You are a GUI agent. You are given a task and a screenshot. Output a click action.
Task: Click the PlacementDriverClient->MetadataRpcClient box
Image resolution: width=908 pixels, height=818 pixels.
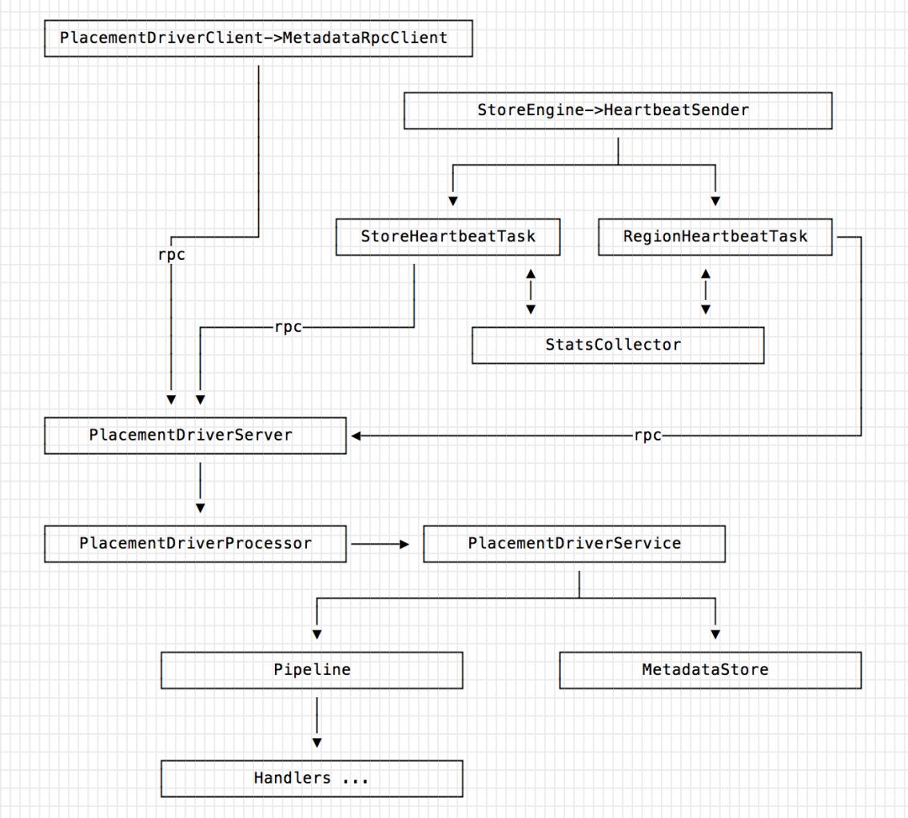point(258,38)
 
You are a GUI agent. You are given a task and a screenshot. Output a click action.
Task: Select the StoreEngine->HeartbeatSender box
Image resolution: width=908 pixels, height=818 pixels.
point(618,111)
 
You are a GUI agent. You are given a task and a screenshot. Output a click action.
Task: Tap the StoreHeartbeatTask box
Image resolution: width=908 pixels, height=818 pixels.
point(448,237)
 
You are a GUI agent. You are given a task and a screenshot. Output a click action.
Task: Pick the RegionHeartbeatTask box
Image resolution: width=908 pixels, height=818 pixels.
point(715,237)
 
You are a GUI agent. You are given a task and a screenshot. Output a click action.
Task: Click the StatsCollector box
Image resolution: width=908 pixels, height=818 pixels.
point(618,346)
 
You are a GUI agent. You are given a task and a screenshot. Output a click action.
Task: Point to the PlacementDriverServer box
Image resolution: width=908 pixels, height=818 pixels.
point(195,435)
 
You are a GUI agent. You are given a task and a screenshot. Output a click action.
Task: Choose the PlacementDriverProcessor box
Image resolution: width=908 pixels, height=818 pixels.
point(195,544)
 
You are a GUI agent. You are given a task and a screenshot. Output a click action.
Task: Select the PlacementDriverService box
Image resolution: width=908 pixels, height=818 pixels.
point(574,544)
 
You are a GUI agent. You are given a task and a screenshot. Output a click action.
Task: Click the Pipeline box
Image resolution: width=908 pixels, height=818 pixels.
point(312,670)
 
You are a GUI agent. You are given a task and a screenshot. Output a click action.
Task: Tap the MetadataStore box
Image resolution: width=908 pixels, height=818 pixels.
point(710,670)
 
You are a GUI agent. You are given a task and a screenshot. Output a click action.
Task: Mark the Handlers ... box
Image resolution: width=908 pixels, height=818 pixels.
point(312,778)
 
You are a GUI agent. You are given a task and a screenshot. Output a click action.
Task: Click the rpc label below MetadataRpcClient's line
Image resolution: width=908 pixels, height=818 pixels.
point(172,256)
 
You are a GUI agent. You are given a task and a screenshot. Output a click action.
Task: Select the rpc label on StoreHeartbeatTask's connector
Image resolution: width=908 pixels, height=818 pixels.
point(288,328)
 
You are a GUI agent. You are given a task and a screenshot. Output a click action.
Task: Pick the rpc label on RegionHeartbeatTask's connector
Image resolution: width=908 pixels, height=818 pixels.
point(648,436)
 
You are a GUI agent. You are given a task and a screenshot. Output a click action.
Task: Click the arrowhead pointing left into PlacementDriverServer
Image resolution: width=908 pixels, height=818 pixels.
point(356,436)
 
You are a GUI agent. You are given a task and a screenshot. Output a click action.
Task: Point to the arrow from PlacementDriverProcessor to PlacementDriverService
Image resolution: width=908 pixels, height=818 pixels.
point(380,544)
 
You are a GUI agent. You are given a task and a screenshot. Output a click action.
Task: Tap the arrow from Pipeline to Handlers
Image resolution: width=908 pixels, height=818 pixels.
point(317,722)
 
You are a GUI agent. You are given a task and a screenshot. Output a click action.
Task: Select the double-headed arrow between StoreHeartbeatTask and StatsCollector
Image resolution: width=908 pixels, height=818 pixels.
point(531,292)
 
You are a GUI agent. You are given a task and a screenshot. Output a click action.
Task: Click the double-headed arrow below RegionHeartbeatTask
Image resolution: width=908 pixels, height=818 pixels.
point(705,292)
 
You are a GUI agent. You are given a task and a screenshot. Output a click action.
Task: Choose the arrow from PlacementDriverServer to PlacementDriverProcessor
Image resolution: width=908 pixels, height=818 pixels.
point(200,488)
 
